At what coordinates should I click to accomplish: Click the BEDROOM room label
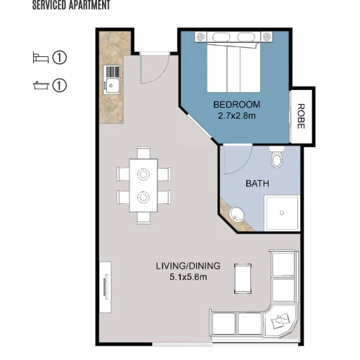(236, 105)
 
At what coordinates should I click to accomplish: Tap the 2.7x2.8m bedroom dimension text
(237, 116)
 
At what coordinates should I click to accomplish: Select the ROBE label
(301, 116)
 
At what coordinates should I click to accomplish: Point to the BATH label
(257, 184)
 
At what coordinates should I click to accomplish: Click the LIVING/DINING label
(188, 266)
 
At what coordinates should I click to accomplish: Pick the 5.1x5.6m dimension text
(188, 277)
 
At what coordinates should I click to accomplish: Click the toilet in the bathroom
(277, 157)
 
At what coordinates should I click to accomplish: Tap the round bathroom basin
(237, 214)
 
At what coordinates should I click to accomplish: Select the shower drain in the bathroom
(282, 212)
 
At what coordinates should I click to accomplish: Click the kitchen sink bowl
(112, 86)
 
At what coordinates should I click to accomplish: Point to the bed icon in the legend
(41, 58)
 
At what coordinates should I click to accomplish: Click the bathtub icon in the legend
(41, 86)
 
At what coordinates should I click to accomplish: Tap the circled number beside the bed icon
(59, 58)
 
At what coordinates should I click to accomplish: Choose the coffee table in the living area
(243, 278)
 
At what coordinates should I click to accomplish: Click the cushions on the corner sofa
(280, 321)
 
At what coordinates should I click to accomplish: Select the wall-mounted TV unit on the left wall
(105, 287)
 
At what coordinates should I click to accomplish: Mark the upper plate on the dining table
(143, 174)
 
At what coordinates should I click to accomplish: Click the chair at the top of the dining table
(143, 153)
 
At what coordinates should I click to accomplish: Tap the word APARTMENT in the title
(89, 5)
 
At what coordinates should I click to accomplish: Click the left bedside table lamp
(200, 37)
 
